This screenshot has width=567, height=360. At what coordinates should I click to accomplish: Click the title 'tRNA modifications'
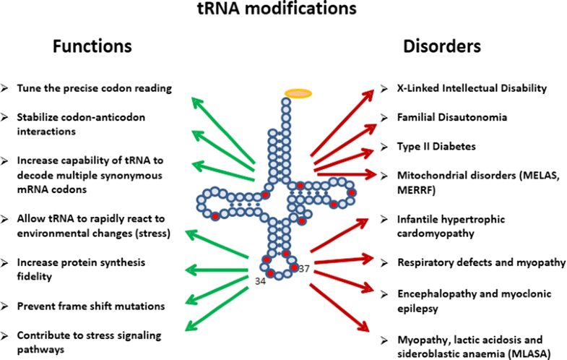tap(283, 10)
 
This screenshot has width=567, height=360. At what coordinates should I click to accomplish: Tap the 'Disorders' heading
tap(442, 47)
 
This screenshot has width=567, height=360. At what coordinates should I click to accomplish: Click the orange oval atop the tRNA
tap(298, 93)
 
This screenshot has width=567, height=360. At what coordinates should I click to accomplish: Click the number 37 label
tap(305, 268)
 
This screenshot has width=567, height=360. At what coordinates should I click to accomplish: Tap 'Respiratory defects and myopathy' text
tap(482, 262)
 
